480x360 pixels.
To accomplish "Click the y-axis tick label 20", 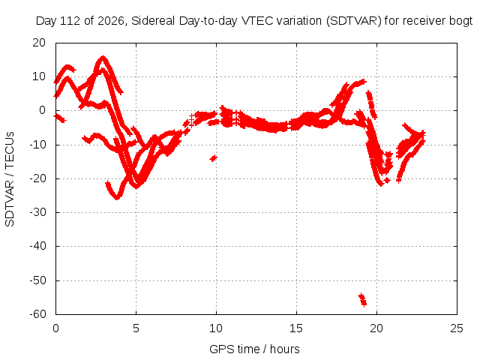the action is click(x=39, y=43).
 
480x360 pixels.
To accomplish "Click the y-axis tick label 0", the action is click(x=43, y=110).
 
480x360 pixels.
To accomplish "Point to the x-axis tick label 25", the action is click(x=457, y=328).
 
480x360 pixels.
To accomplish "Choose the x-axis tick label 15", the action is click(x=296, y=328).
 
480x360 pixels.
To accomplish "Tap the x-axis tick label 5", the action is click(x=136, y=328).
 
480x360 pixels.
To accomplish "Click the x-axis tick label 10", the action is click(x=216, y=328).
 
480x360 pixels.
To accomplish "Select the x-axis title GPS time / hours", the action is click(x=254, y=349).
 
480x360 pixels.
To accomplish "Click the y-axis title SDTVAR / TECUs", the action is click(x=10, y=179).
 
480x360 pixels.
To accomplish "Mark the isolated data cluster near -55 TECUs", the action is click(x=363, y=300).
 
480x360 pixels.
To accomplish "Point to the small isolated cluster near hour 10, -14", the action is click(x=213, y=158).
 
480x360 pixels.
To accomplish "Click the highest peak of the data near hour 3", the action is click(x=103, y=58).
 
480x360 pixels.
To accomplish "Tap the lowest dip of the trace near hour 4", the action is click(x=117, y=197).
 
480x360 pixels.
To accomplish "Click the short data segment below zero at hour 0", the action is click(x=60, y=118).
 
